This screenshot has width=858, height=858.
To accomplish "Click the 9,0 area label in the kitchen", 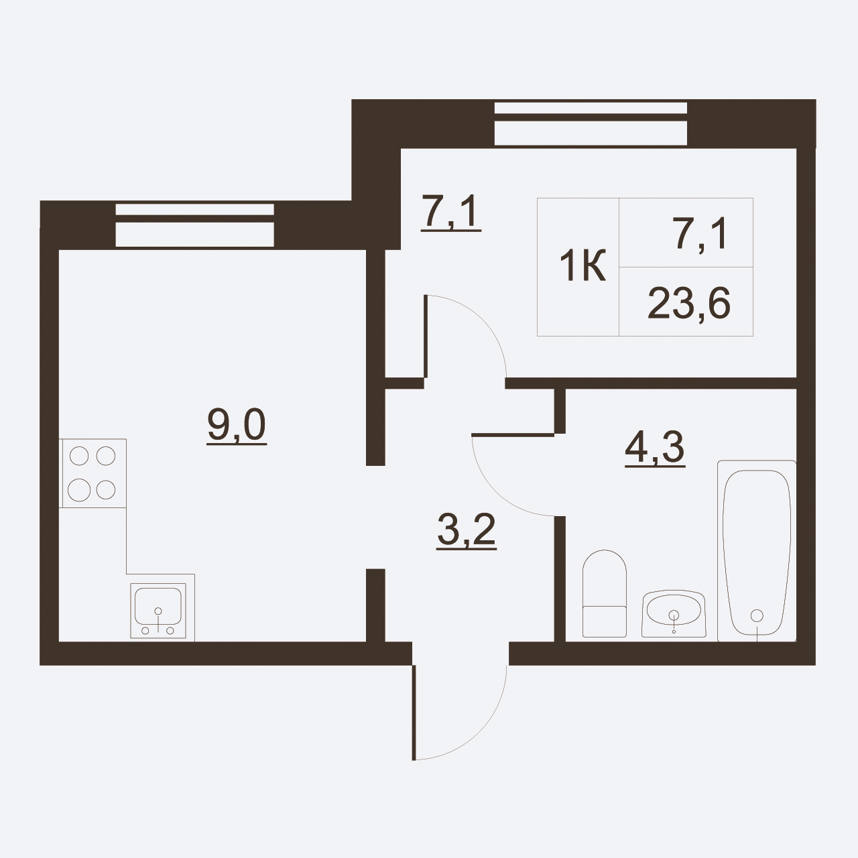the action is (237, 425).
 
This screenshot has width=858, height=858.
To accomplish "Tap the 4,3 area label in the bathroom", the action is (655, 448).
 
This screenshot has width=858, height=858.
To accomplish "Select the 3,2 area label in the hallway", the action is (466, 530).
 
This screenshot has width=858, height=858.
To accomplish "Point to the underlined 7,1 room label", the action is (451, 212).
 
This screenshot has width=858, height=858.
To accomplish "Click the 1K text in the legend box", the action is (583, 267).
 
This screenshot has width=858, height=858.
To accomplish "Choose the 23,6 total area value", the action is (689, 303).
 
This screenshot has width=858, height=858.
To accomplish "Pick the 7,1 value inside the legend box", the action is (700, 233).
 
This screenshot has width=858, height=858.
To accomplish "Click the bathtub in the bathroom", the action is (757, 551).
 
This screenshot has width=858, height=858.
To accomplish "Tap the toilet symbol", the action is (604, 593).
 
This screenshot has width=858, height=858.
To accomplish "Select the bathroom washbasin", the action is (674, 613).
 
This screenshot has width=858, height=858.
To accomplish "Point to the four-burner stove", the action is (93, 473).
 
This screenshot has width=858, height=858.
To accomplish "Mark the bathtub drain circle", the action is (757, 616).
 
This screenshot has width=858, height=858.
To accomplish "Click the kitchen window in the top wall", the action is (194, 225).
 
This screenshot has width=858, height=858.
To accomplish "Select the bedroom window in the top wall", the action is (591, 123).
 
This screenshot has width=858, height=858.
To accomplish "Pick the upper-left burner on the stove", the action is (79, 456).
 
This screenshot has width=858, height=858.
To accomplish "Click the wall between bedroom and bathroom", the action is (650, 383).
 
